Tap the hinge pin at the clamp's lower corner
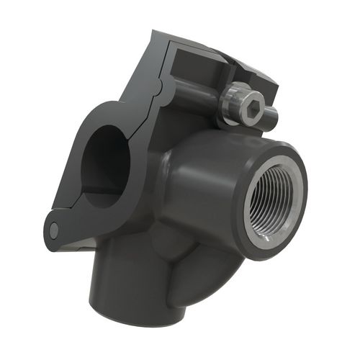tap(54, 230)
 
